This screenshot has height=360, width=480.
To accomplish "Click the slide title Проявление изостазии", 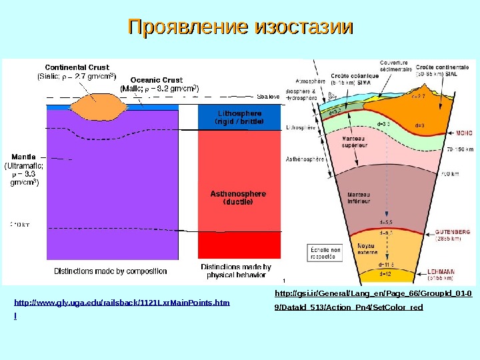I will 240,28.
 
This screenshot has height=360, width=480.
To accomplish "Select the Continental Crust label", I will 77,67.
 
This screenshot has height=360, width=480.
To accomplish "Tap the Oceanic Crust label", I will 156,79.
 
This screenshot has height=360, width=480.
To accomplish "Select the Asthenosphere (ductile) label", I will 238,197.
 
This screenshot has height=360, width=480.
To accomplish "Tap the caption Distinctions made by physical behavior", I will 236,271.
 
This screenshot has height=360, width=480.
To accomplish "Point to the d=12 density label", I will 385,273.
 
